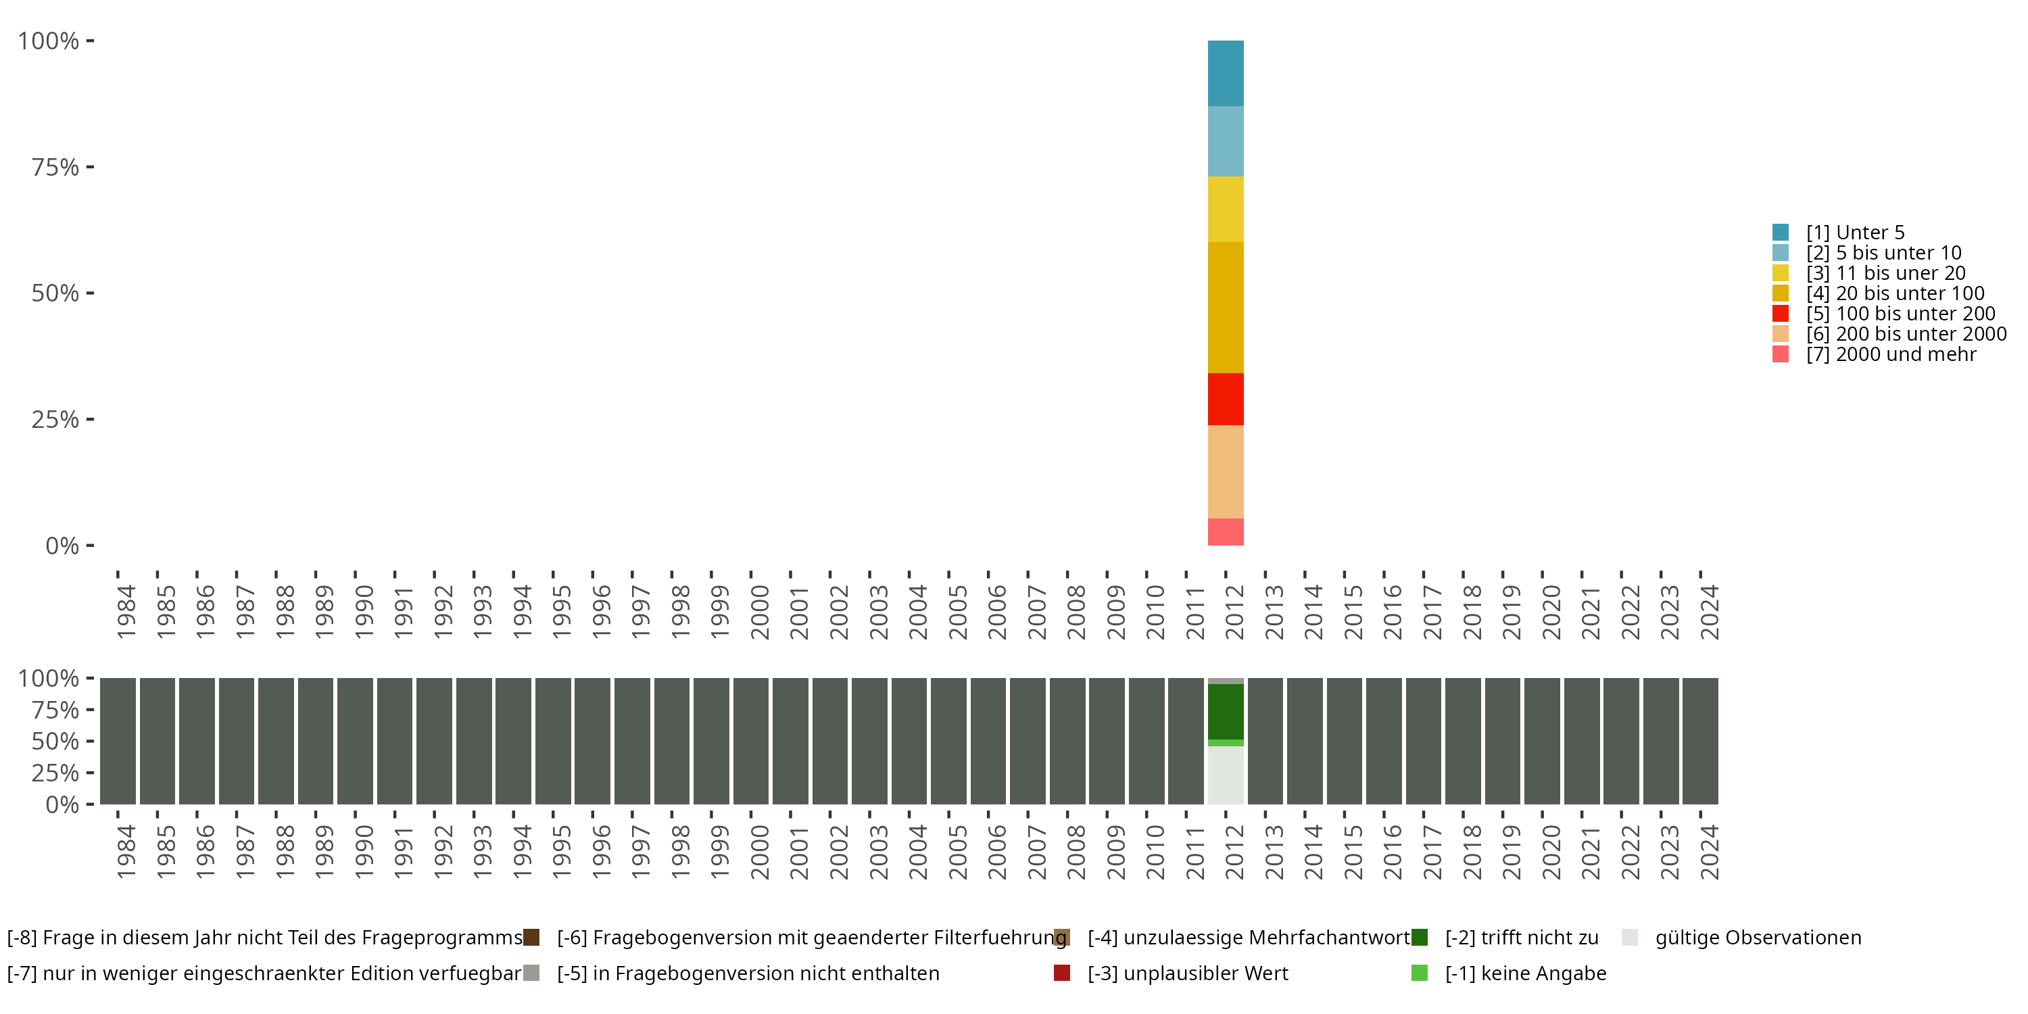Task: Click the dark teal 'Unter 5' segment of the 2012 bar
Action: (1225, 73)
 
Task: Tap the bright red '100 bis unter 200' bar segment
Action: (1225, 399)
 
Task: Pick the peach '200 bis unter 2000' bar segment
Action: (1225, 472)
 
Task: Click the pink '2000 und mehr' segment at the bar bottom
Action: (1225, 532)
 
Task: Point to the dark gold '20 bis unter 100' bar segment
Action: (1225, 307)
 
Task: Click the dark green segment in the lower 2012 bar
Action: (1225, 712)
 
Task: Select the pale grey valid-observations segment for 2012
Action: (1225, 775)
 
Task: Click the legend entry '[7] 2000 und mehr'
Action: (1890, 354)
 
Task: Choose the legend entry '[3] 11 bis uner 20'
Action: (1885, 273)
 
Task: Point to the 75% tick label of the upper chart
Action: (55, 167)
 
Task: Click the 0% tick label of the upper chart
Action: (62, 546)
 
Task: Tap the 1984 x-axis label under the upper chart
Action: (126, 612)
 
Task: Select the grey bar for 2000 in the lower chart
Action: (750, 741)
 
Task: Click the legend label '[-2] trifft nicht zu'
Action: (1521, 938)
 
